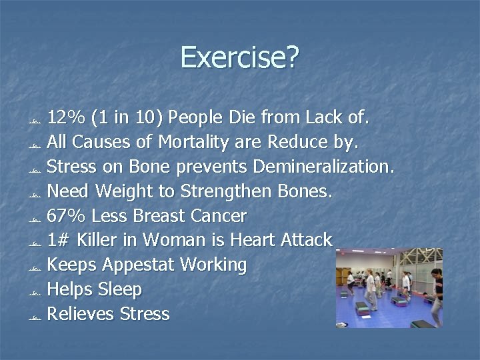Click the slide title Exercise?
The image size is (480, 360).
click(x=240, y=58)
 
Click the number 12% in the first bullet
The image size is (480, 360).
click(x=66, y=118)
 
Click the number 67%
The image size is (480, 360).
click(x=66, y=216)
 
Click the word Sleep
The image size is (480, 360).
click(x=119, y=289)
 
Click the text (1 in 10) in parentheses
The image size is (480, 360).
click(x=127, y=118)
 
